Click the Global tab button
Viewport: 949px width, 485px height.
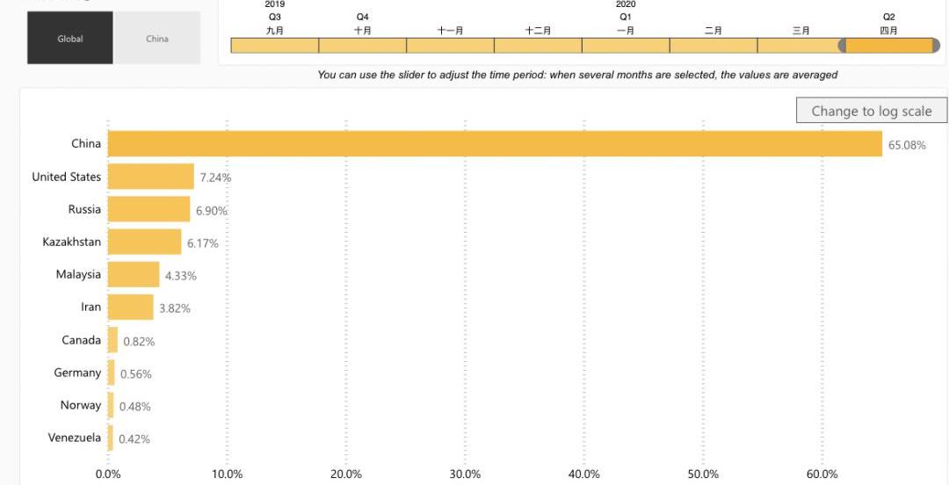point(70,39)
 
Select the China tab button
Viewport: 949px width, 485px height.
point(157,39)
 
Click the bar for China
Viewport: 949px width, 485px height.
point(495,144)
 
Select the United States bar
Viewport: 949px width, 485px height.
point(151,177)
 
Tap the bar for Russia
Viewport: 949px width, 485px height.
point(149,209)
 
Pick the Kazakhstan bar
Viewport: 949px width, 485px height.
point(145,242)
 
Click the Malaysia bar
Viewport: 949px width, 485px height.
point(134,274)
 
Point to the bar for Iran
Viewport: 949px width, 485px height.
point(131,307)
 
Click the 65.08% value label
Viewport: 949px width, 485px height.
point(907,145)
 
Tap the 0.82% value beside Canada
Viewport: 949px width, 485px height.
point(139,341)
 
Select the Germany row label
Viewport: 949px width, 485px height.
point(77,373)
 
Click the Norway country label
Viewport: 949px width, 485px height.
point(81,405)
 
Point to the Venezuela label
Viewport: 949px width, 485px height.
point(75,438)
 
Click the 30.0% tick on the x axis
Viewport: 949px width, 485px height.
point(465,474)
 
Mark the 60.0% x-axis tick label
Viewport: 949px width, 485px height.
point(822,474)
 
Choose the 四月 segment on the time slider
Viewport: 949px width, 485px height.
point(888,46)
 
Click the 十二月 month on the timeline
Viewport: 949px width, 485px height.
point(538,46)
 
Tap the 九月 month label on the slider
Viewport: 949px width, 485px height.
point(274,31)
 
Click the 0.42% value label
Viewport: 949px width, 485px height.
point(134,438)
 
